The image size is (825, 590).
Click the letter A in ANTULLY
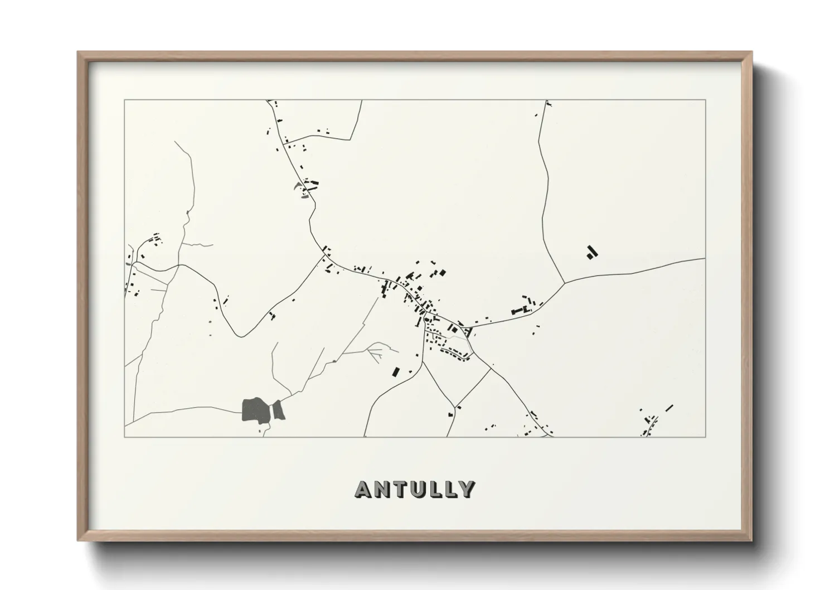(363, 489)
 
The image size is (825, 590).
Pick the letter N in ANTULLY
(381, 489)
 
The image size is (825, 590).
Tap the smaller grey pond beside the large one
(278, 410)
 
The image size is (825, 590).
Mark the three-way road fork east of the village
(565, 282)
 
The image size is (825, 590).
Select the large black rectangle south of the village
(396, 371)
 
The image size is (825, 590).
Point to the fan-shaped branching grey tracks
(375, 351)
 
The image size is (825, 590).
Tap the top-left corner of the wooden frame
(79, 52)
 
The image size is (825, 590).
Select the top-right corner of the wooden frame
(751, 52)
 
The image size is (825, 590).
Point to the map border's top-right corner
(705, 100)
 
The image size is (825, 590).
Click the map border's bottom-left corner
(124, 437)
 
